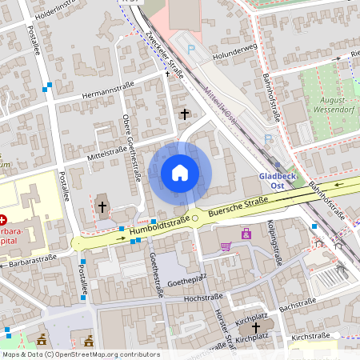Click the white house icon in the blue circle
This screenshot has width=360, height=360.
tap(180, 173)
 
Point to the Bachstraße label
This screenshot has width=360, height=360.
tap(296, 306)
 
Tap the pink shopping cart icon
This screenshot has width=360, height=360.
tap(226, 246)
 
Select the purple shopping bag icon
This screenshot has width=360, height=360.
tap(246, 234)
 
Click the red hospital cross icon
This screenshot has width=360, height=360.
tap(3, 219)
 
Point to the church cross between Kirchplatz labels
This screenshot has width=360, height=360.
tap(256, 328)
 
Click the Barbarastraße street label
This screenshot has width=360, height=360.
tap(32, 261)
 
